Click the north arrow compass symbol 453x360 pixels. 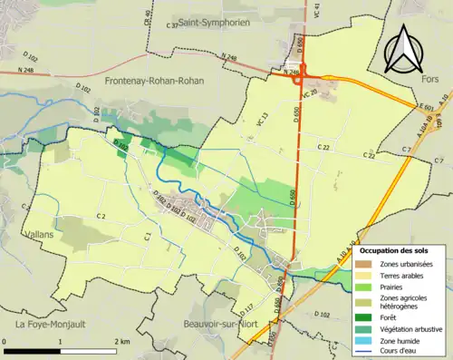coord(403,46)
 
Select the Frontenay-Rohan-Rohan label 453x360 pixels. coord(157,81)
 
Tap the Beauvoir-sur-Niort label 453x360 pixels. coord(204,323)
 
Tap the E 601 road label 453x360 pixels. coord(423,107)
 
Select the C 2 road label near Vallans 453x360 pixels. coord(101,216)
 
